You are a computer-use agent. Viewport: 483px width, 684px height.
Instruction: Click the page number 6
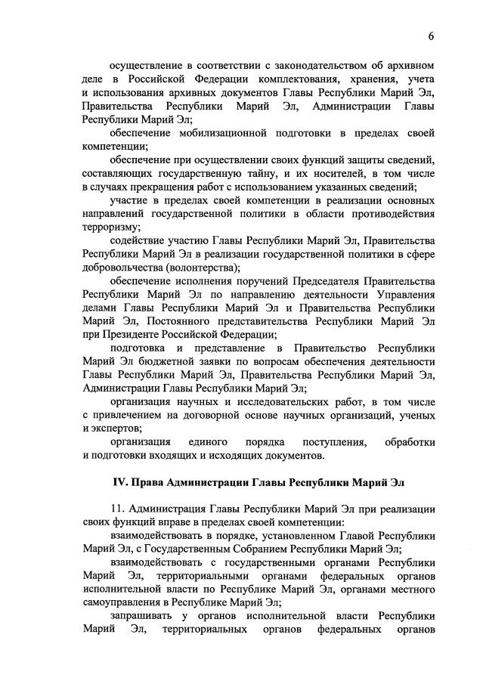431,36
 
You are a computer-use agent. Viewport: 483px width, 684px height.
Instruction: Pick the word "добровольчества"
125,267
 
